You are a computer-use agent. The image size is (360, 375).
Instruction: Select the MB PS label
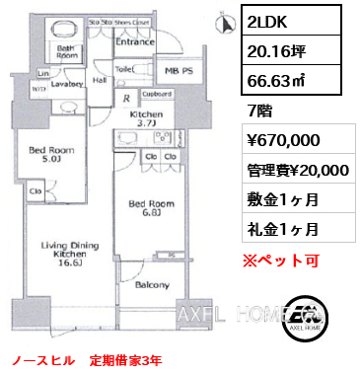177,71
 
